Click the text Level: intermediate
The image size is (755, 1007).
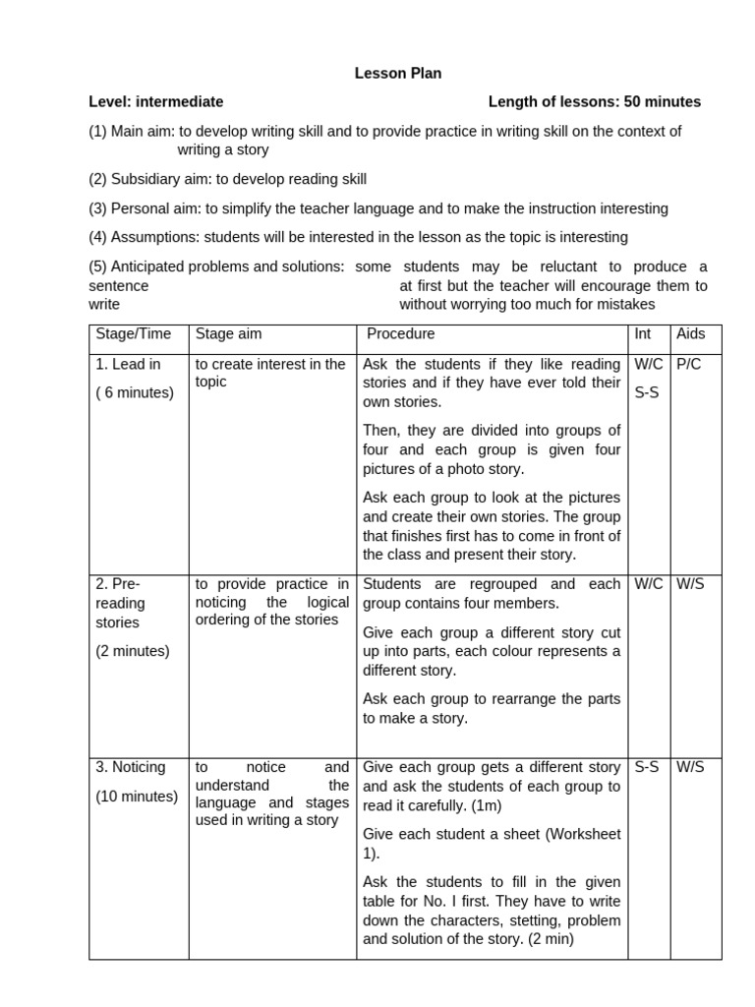coord(155,101)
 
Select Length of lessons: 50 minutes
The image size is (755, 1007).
coord(595,101)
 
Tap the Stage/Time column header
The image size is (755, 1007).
coord(134,334)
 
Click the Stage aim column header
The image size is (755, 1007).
coord(229,334)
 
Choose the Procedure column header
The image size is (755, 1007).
coord(400,334)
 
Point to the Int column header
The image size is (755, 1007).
coord(643,334)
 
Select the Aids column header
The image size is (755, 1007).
coord(692,334)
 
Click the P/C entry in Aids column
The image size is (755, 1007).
coord(690,364)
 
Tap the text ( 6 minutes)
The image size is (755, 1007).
coord(135,393)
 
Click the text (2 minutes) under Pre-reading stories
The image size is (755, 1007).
coord(133,651)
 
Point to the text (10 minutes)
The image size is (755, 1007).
coord(137,797)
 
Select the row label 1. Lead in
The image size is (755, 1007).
coord(129,364)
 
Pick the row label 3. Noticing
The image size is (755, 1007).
coord(131,767)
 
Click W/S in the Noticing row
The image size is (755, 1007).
coord(691,767)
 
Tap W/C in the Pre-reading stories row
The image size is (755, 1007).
coord(649,584)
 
